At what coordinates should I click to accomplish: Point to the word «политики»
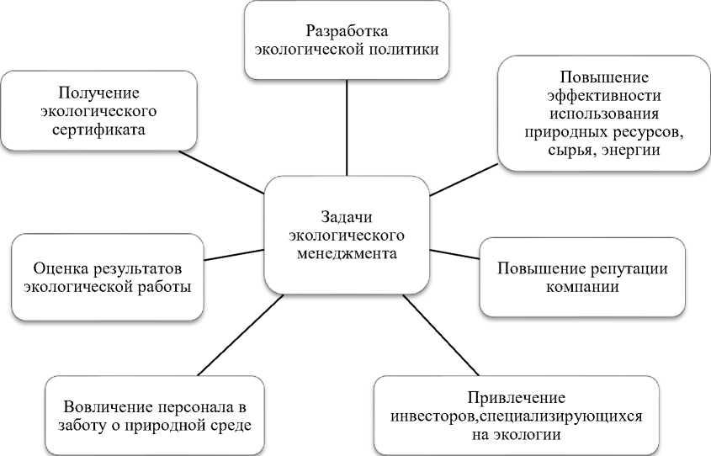tap(403, 49)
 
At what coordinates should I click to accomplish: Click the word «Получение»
tap(98, 93)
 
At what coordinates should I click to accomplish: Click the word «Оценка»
tap(58, 268)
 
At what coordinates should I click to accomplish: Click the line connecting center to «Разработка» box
tap(348, 126)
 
